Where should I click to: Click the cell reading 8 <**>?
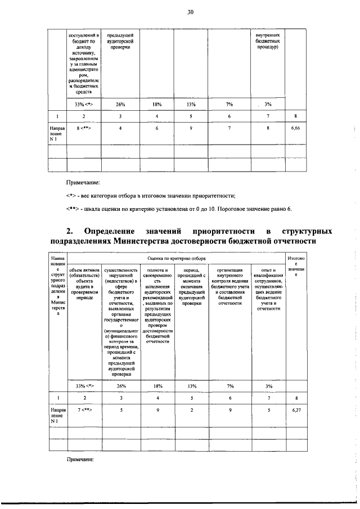[x=84, y=129]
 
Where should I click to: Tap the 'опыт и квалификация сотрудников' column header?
[x=268, y=289]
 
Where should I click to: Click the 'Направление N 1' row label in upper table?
[x=57, y=132]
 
